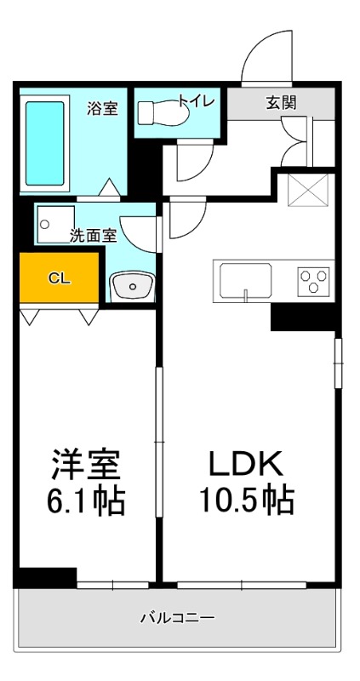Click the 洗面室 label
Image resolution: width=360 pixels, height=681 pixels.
click(x=93, y=236)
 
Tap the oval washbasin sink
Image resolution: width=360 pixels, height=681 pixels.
click(x=131, y=287)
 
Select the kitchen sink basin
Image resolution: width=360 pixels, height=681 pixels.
click(x=245, y=280)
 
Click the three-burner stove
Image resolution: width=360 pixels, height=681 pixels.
click(x=313, y=281)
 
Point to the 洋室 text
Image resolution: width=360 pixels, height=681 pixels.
click(x=84, y=465)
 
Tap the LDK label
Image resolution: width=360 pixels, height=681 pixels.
click(x=246, y=464)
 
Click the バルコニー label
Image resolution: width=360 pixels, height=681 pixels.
click(x=177, y=617)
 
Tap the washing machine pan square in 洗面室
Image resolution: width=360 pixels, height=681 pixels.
click(x=55, y=223)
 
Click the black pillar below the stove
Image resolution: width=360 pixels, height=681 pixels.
click(x=303, y=317)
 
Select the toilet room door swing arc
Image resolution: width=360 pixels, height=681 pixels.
click(x=194, y=162)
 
